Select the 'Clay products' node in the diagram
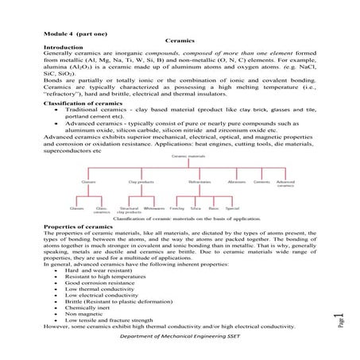coord(140,182)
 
